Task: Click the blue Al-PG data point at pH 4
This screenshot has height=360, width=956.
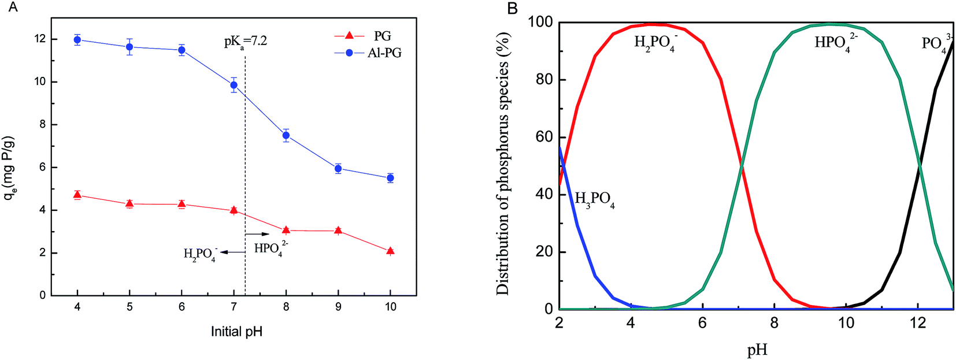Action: (x=77, y=40)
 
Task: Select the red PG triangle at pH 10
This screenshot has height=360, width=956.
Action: (x=390, y=251)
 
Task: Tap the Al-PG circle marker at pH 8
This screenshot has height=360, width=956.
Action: (x=286, y=136)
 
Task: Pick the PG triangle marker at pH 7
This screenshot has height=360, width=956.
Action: (x=234, y=210)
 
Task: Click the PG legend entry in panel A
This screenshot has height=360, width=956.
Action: (x=382, y=36)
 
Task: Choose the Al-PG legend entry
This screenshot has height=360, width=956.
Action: (x=384, y=53)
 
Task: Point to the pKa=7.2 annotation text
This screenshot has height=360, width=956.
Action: (x=246, y=42)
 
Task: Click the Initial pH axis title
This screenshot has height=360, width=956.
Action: (x=236, y=332)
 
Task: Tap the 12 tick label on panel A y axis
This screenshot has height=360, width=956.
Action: (x=39, y=39)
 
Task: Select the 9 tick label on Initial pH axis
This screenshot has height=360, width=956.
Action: (x=338, y=306)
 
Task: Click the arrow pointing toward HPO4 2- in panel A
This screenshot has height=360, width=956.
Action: (x=258, y=234)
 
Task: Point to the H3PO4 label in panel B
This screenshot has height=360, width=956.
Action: (x=594, y=200)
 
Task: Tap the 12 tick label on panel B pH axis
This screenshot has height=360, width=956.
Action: (x=918, y=322)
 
